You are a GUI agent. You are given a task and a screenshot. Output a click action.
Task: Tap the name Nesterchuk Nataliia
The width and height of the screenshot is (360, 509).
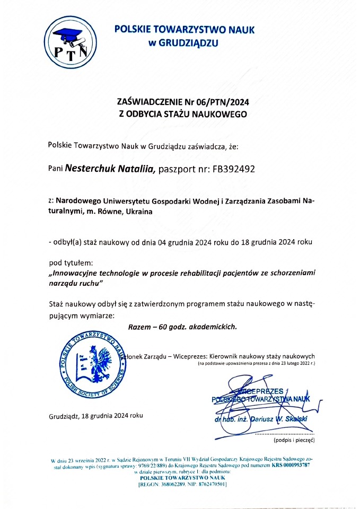(x=109, y=170)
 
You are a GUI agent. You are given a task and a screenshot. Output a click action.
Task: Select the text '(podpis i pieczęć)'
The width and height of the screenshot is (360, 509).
(x=294, y=440)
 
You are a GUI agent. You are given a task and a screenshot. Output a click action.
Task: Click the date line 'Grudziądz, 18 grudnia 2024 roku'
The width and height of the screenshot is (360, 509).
(x=95, y=416)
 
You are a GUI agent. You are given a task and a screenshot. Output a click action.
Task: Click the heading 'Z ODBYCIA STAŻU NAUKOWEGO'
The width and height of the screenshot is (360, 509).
(x=182, y=113)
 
